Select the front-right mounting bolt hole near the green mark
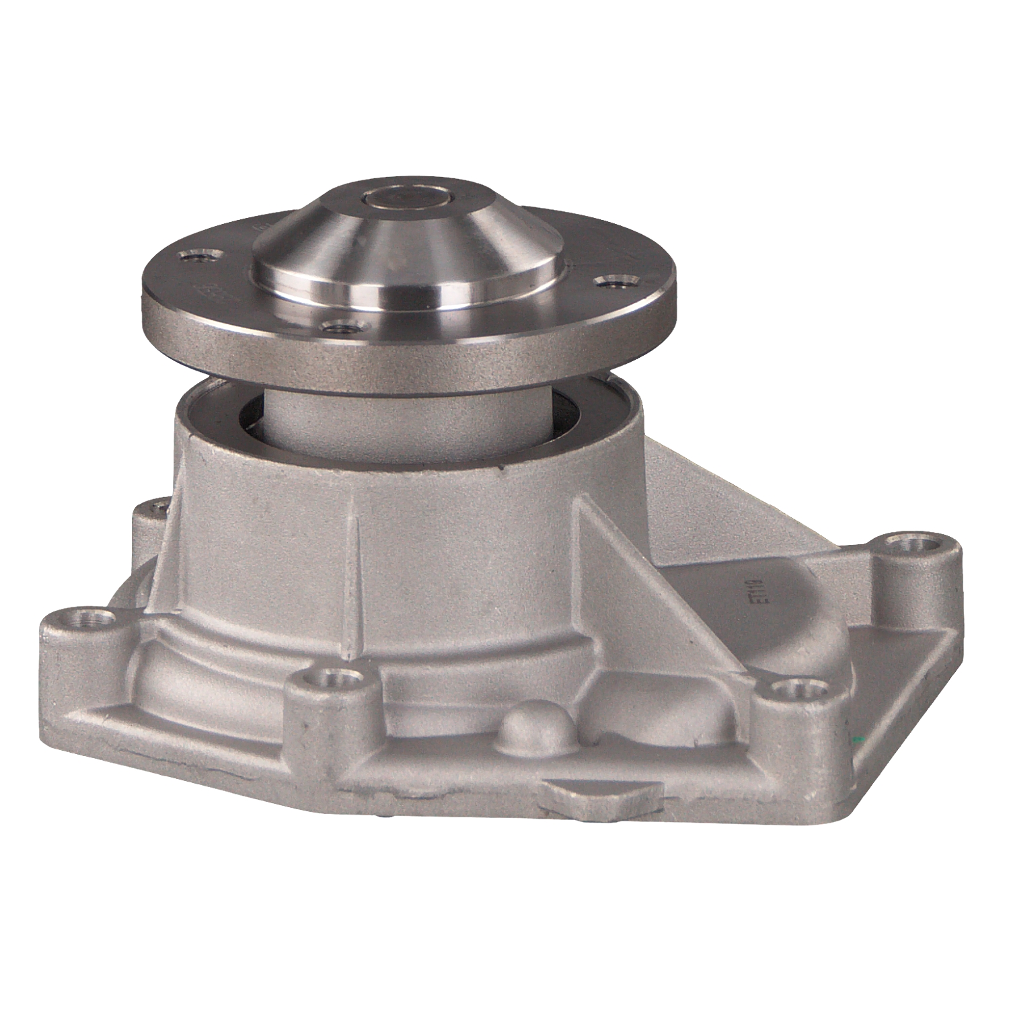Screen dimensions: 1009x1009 pyautogui.click(x=798, y=687)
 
